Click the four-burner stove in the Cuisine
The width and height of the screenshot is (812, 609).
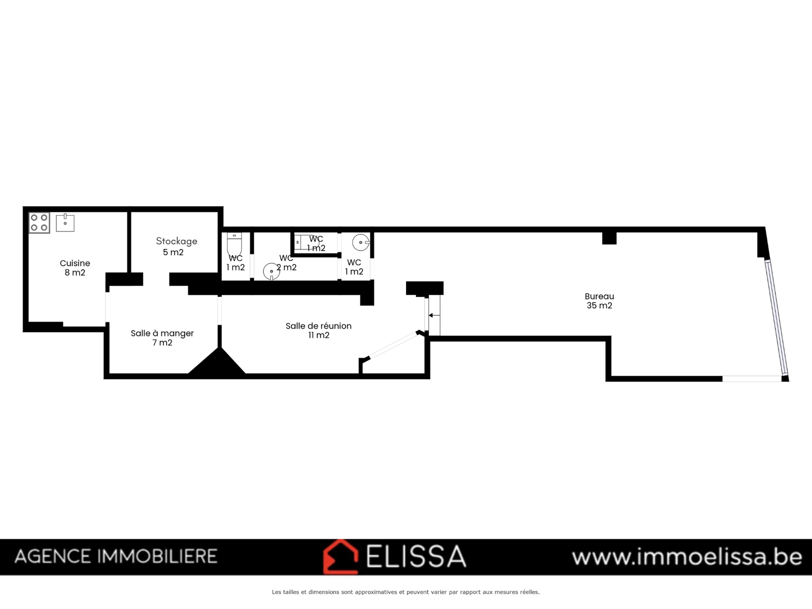[39, 223]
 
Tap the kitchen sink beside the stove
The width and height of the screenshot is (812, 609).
[65, 223]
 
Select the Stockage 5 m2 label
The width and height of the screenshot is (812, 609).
[177, 247]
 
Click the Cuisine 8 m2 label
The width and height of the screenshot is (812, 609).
[75, 268]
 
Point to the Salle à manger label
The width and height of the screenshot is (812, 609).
[162, 333]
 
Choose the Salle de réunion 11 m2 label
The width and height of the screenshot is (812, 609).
[319, 330]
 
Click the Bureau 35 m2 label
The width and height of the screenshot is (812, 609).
[599, 300]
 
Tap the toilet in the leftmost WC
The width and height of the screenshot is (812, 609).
[234, 244]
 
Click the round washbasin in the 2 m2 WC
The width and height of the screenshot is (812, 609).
[272, 272]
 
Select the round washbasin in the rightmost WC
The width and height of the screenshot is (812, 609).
[361, 243]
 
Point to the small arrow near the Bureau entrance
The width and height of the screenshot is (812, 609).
[434, 315]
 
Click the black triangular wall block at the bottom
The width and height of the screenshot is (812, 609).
[217, 363]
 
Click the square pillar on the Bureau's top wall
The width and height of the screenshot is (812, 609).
[610, 238]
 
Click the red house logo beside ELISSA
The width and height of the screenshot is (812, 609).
[341, 557]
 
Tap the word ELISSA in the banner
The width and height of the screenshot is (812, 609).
[416, 557]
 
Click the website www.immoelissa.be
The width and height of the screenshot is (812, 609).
[687, 557]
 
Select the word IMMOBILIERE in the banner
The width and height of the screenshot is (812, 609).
[157, 557]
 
